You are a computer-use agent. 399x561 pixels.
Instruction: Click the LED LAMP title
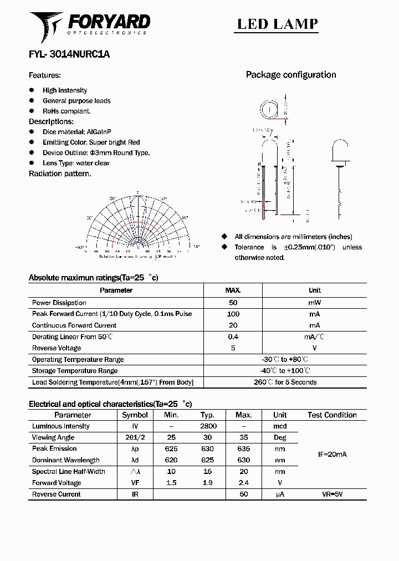[x=277, y=24]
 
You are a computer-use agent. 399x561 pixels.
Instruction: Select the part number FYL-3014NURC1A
[x=69, y=54]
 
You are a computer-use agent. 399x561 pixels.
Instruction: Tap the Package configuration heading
[x=291, y=75]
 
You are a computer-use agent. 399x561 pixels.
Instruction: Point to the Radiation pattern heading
[x=60, y=174]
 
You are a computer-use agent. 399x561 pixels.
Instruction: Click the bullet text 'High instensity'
[x=65, y=90]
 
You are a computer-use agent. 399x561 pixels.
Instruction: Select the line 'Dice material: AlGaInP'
[x=77, y=132]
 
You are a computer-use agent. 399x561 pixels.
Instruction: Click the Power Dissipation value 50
[x=233, y=303]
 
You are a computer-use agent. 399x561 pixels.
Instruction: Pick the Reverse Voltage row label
[x=57, y=348]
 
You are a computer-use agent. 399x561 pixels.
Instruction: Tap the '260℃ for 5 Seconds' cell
[x=285, y=382]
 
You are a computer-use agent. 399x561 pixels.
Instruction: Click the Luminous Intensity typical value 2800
[x=208, y=426]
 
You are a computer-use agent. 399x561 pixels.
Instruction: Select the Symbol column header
[x=135, y=415]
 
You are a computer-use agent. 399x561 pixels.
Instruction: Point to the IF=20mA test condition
[x=332, y=455]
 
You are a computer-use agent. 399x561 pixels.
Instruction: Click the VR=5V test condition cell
[x=332, y=494]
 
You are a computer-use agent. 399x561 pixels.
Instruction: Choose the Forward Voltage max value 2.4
[x=243, y=483]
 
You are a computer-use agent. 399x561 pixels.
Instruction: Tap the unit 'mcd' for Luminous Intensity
[x=280, y=426]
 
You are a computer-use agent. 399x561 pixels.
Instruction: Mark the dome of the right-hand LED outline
[x=340, y=149]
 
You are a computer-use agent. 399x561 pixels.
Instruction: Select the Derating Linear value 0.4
[x=233, y=336]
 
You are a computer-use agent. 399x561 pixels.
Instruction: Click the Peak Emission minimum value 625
[x=171, y=448]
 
